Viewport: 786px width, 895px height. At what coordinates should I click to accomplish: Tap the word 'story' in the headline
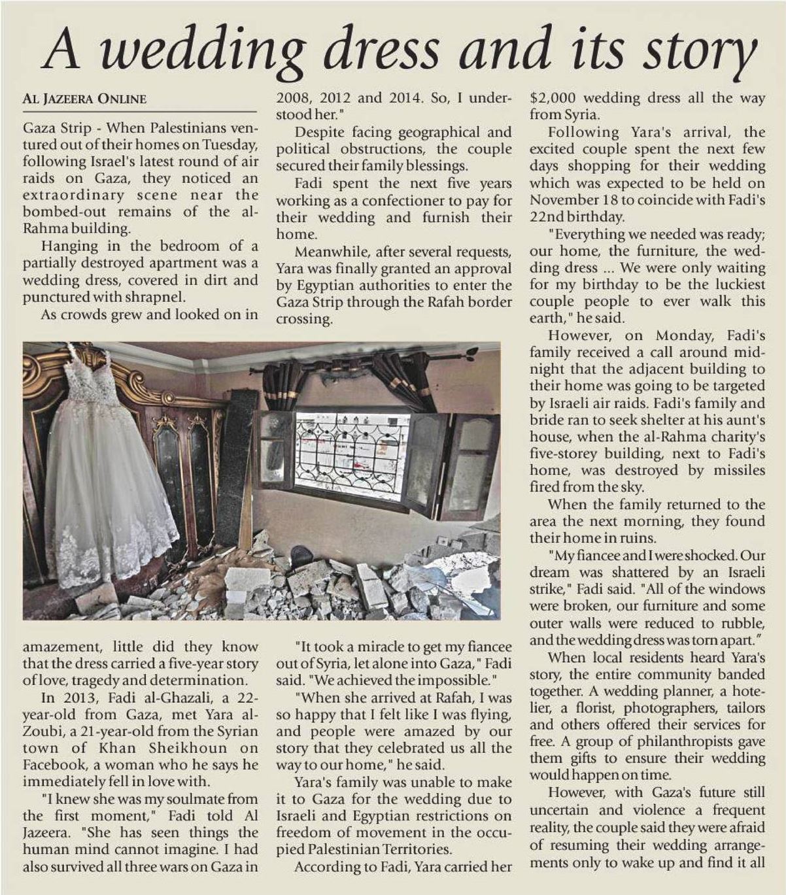click(698, 51)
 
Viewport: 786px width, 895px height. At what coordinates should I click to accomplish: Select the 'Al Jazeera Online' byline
click(84, 99)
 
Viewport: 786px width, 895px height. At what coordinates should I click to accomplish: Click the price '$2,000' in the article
click(552, 98)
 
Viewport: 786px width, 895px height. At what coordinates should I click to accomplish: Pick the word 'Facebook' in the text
click(53, 765)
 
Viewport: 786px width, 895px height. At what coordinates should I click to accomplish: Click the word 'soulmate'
click(193, 799)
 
